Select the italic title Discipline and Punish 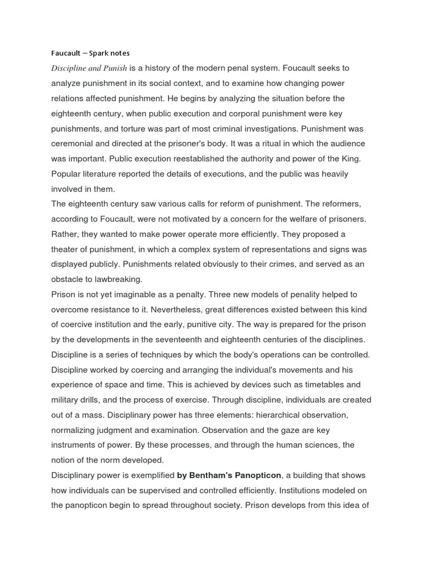(89, 68)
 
